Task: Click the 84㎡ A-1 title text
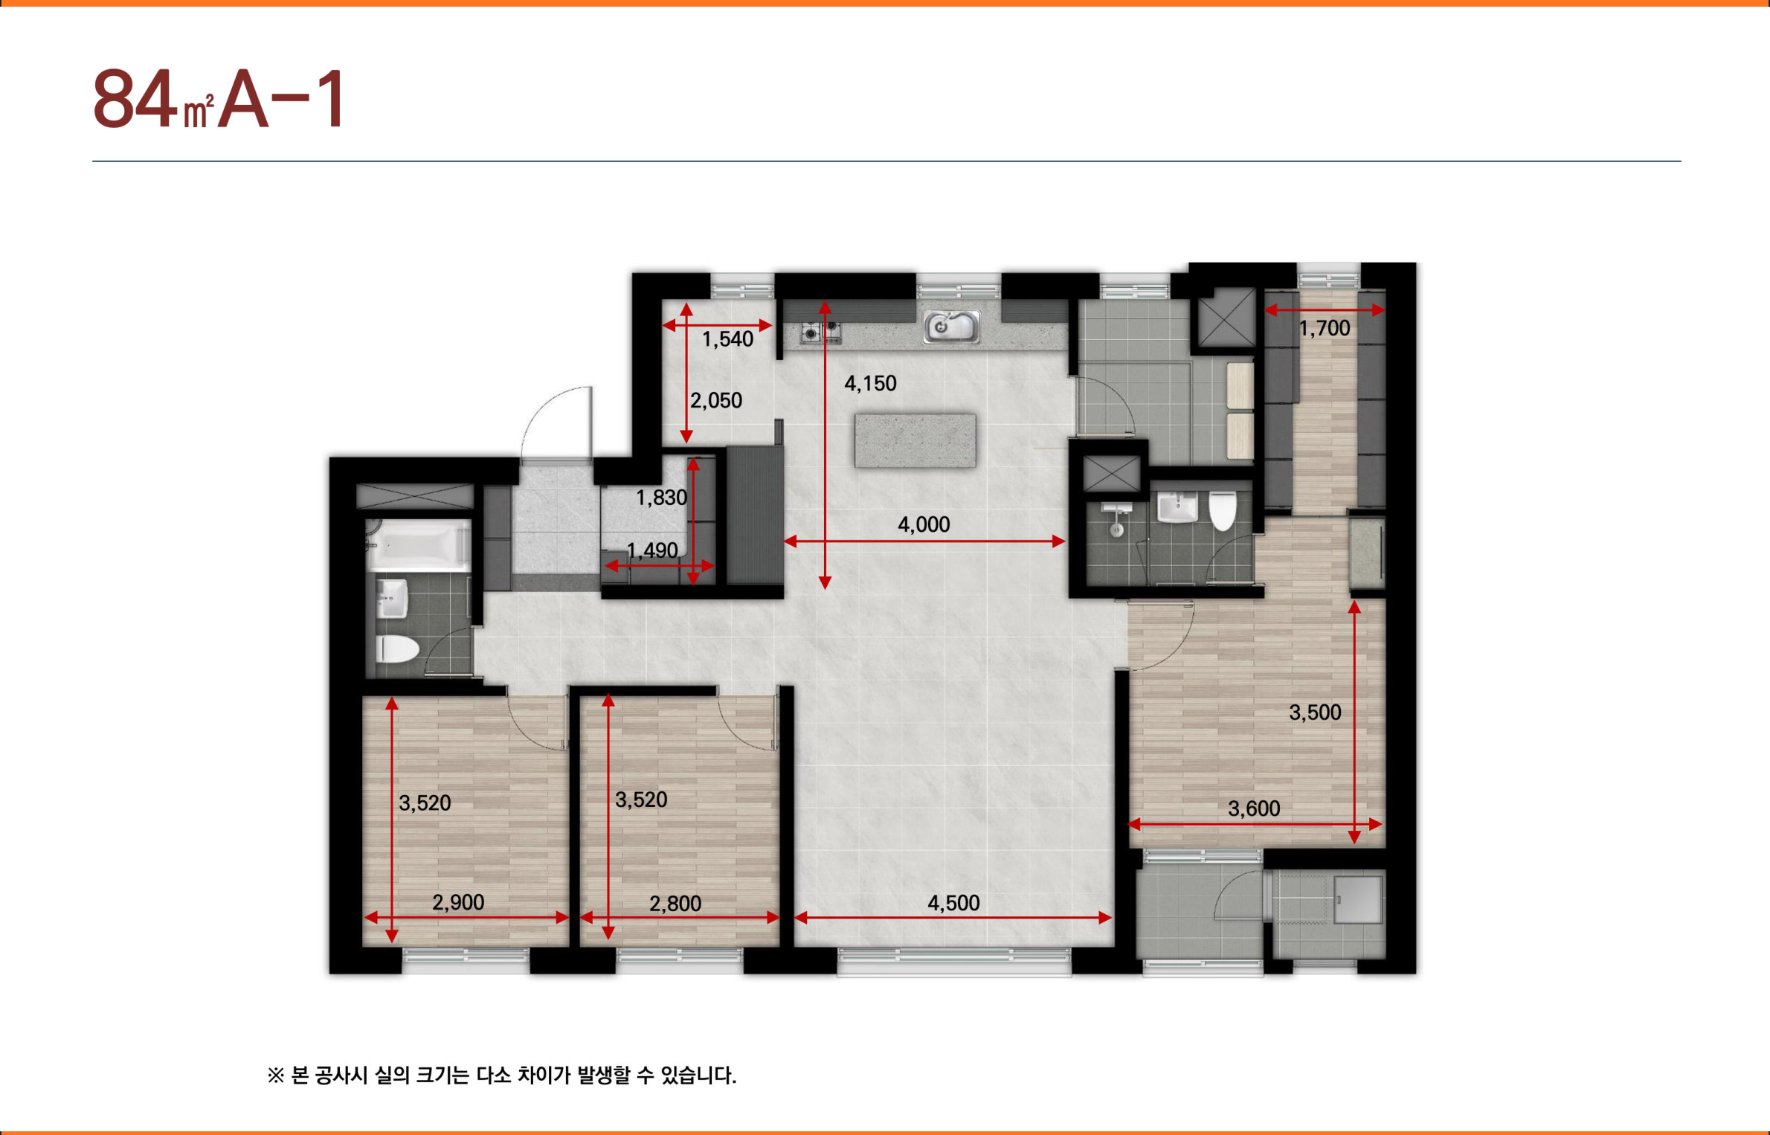pos(219,99)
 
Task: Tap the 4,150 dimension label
pos(870,384)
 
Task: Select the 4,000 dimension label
pos(924,525)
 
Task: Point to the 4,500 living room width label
pos(953,903)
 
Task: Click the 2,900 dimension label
pos(458,902)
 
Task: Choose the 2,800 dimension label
pos(675,904)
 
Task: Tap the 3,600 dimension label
pos(1254,808)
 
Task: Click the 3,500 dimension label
pos(1315,713)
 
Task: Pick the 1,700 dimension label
pos(1325,328)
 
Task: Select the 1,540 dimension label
pos(728,339)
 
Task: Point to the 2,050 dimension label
pos(716,401)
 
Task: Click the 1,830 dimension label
pos(661,498)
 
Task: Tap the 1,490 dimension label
pos(652,550)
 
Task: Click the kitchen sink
pos(951,327)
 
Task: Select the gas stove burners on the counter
pos(820,332)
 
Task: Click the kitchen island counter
pos(915,440)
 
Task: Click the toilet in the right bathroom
pos(1223,510)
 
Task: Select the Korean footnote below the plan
pos(502,1075)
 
